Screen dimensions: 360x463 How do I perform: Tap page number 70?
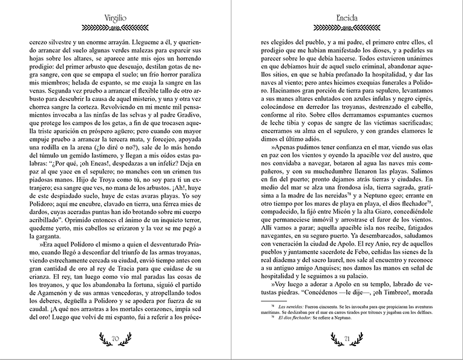[x=116, y=340]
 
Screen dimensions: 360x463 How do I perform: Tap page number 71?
[x=347, y=340]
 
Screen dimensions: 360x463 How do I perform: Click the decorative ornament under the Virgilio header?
[x=116, y=27]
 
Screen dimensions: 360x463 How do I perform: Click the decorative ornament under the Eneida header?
[x=347, y=27]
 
